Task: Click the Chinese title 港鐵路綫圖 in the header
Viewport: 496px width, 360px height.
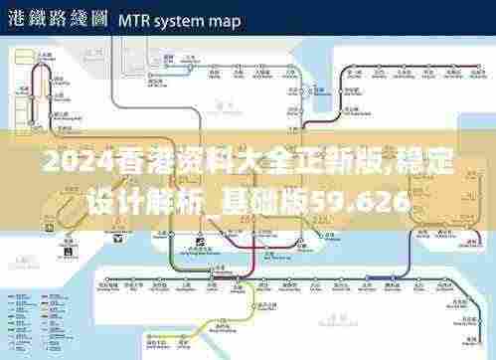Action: tap(56, 19)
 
